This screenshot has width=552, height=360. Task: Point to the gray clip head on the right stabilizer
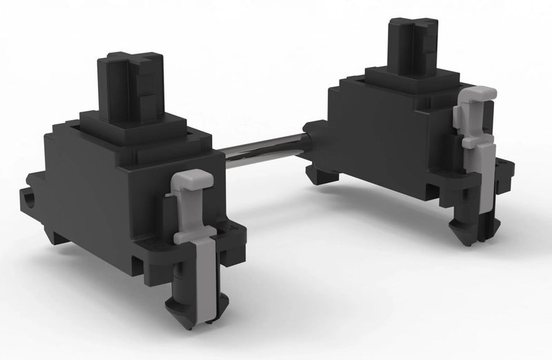click(x=478, y=94)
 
